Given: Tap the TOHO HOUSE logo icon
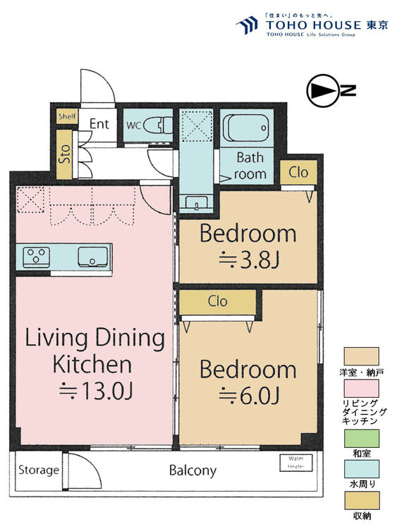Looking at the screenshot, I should click(x=246, y=26).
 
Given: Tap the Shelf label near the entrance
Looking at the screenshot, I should click(x=67, y=117).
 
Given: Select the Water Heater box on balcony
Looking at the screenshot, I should click(x=296, y=463).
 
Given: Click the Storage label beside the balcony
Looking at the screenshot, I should click(x=38, y=470).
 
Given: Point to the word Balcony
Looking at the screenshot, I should click(x=193, y=470).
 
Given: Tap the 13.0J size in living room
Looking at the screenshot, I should click(x=99, y=389).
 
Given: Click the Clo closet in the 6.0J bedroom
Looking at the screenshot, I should click(x=217, y=301).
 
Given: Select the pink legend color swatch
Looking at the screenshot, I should click(x=361, y=389).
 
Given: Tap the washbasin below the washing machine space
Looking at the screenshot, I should click(x=194, y=203).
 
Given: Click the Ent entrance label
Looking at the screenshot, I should click(x=99, y=125).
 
